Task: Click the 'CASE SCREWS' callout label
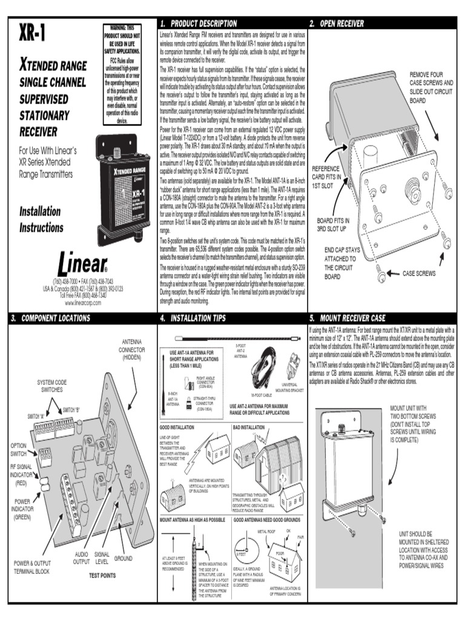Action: [419, 274]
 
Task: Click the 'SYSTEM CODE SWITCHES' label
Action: [52, 386]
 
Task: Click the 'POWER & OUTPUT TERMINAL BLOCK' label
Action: [41, 567]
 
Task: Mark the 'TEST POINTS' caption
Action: [102, 575]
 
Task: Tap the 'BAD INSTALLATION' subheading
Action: [249, 427]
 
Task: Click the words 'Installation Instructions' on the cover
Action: [41, 219]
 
